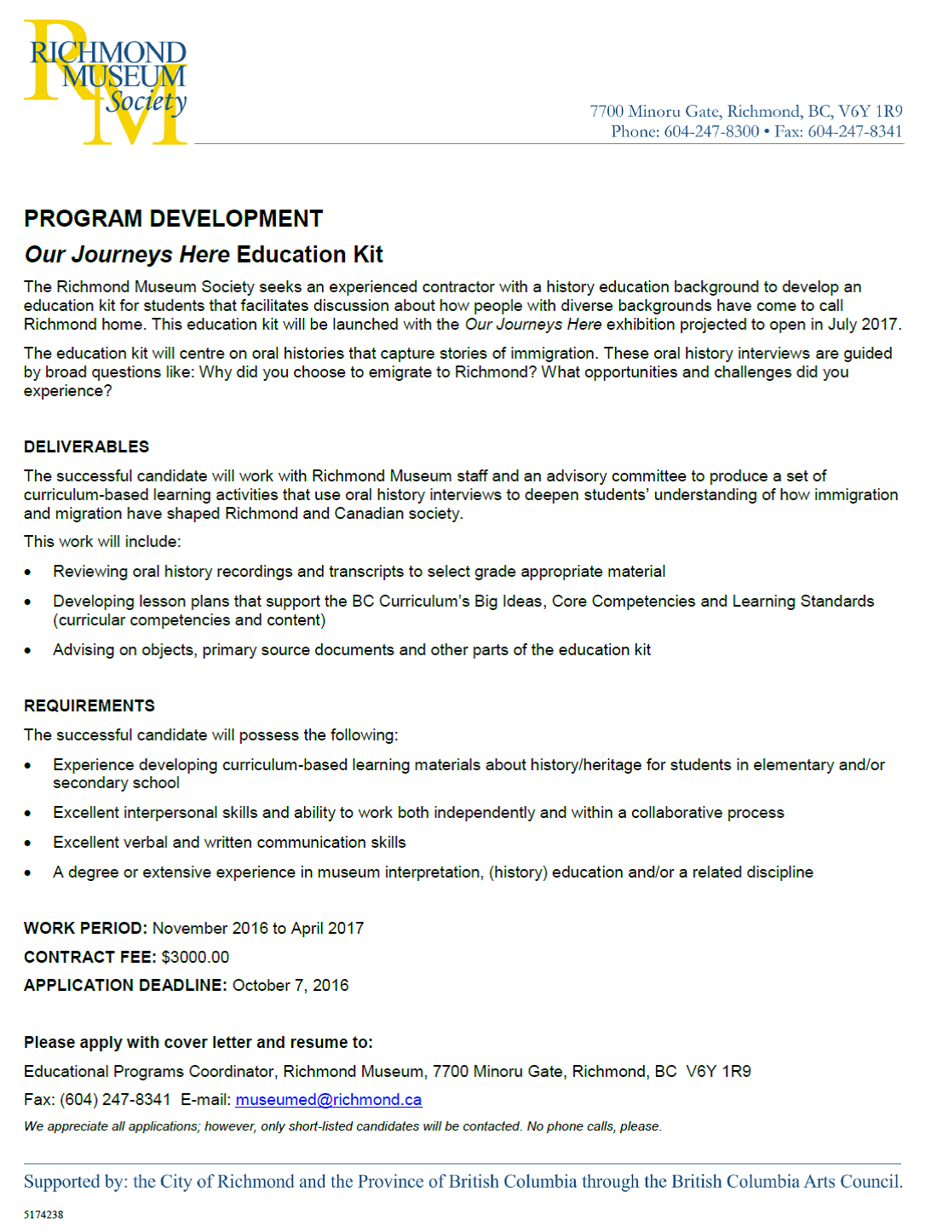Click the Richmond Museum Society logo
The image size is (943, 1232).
tap(106, 82)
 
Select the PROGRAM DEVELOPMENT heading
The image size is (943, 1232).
tap(173, 219)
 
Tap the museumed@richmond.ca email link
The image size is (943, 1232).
tap(328, 1100)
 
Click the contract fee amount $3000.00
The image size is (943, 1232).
tap(195, 957)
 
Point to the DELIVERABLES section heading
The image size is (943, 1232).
tap(86, 447)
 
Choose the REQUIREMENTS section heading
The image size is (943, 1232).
tap(89, 706)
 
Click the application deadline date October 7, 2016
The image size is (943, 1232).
tap(290, 986)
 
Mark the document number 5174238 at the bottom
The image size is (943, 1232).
tap(43, 1214)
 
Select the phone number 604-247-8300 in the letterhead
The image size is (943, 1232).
tap(711, 131)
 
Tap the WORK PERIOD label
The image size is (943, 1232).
tap(85, 929)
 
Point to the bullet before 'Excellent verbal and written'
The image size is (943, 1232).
tap(28, 843)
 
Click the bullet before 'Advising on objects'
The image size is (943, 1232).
tap(28, 651)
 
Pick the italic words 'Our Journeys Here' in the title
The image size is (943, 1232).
tap(127, 255)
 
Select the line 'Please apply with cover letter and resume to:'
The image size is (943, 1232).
tap(198, 1043)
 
